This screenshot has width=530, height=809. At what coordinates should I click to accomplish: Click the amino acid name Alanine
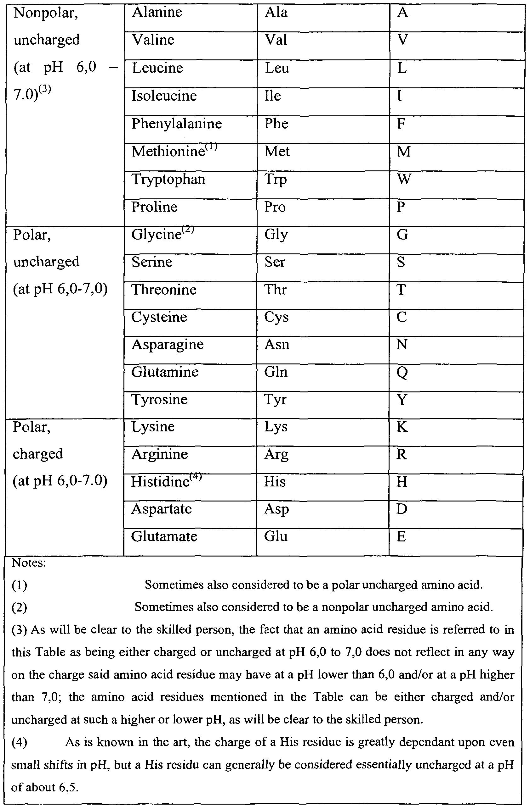(x=157, y=13)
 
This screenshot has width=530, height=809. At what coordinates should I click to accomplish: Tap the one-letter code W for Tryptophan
(x=404, y=179)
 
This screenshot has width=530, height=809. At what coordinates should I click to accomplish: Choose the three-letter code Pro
(x=275, y=207)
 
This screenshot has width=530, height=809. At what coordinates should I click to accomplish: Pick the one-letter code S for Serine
(x=401, y=262)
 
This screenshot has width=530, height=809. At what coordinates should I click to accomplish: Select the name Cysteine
(x=159, y=317)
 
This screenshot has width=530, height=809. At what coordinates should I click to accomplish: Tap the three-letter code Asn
(x=277, y=345)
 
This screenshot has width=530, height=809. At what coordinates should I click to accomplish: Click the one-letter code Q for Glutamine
(x=402, y=373)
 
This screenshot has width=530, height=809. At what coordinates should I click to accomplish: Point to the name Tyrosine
(x=159, y=400)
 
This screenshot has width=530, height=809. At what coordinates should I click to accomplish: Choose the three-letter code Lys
(x=276, y=427)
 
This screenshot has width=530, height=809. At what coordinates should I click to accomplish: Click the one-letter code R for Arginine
(x=401, y=454)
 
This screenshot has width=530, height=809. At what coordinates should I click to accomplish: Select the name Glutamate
(x=164, y=537)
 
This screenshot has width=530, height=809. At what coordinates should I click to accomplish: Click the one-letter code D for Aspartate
(x=402, y=509)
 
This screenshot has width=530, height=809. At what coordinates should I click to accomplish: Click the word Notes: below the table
(x=29, y=563)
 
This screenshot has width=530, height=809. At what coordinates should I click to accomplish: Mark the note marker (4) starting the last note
(x=20, y=742)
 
